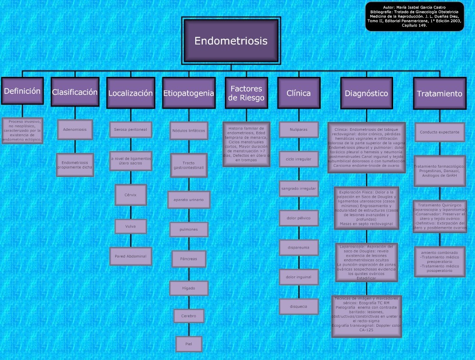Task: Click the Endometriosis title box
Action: coord(231,41)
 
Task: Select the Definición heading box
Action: coord(22,91)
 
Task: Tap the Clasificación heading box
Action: coord(75,92)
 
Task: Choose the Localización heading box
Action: coord(130,93)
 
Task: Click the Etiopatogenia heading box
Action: coord(188,93)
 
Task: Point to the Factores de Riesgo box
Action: coord(246,93)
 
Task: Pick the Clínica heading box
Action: coord(299,93)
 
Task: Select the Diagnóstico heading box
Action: coord(366,93)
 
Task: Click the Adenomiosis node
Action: coord(75,129)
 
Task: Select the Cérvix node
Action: coord(130,195)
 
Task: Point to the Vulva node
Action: coord(130,226)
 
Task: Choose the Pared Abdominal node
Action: coord(130,256)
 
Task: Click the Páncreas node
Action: coord(188,259)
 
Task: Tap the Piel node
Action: coord(188,344)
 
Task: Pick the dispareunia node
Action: coord(299,248)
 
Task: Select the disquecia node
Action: coord(299,307)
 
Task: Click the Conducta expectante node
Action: coord(439,132)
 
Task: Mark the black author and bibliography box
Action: coord(414,17)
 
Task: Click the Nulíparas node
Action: coord(299,129)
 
